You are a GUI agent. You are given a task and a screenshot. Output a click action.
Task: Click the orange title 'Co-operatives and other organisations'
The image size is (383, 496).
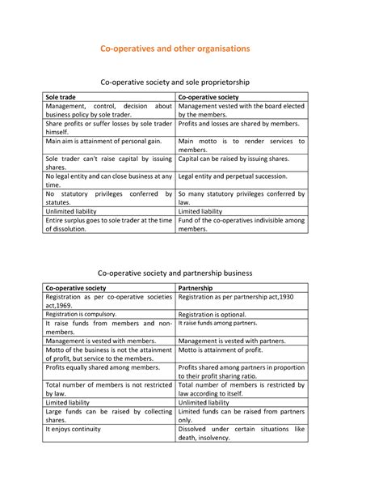tap(175, 49)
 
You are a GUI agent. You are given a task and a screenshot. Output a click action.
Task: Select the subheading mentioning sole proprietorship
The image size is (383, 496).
tap(175, 83)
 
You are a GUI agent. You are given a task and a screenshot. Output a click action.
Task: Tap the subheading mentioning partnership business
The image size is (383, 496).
tap(175, 273)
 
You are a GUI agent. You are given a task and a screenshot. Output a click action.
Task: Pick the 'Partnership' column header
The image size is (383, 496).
tap(196, 288)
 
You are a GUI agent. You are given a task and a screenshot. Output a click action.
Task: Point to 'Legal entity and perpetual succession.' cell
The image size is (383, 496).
tap(233, 176)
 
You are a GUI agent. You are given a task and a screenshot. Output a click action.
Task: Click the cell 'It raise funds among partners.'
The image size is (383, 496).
tap(218, 323)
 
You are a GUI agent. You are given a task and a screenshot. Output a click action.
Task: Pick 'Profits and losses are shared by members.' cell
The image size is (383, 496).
tap(238, 124)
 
